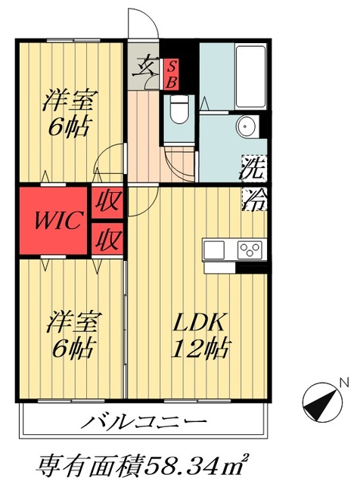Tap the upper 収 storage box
[106, 202]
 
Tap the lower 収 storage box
[106, 240]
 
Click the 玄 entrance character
[144, 68]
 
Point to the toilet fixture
[179, 109]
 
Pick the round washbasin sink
[247, 126]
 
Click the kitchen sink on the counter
[214, 250]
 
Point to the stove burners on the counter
[250, 250]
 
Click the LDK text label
[200, 323]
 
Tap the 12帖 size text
[200, 349]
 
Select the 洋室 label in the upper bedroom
[64, 99]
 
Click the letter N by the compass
[343, 382]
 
